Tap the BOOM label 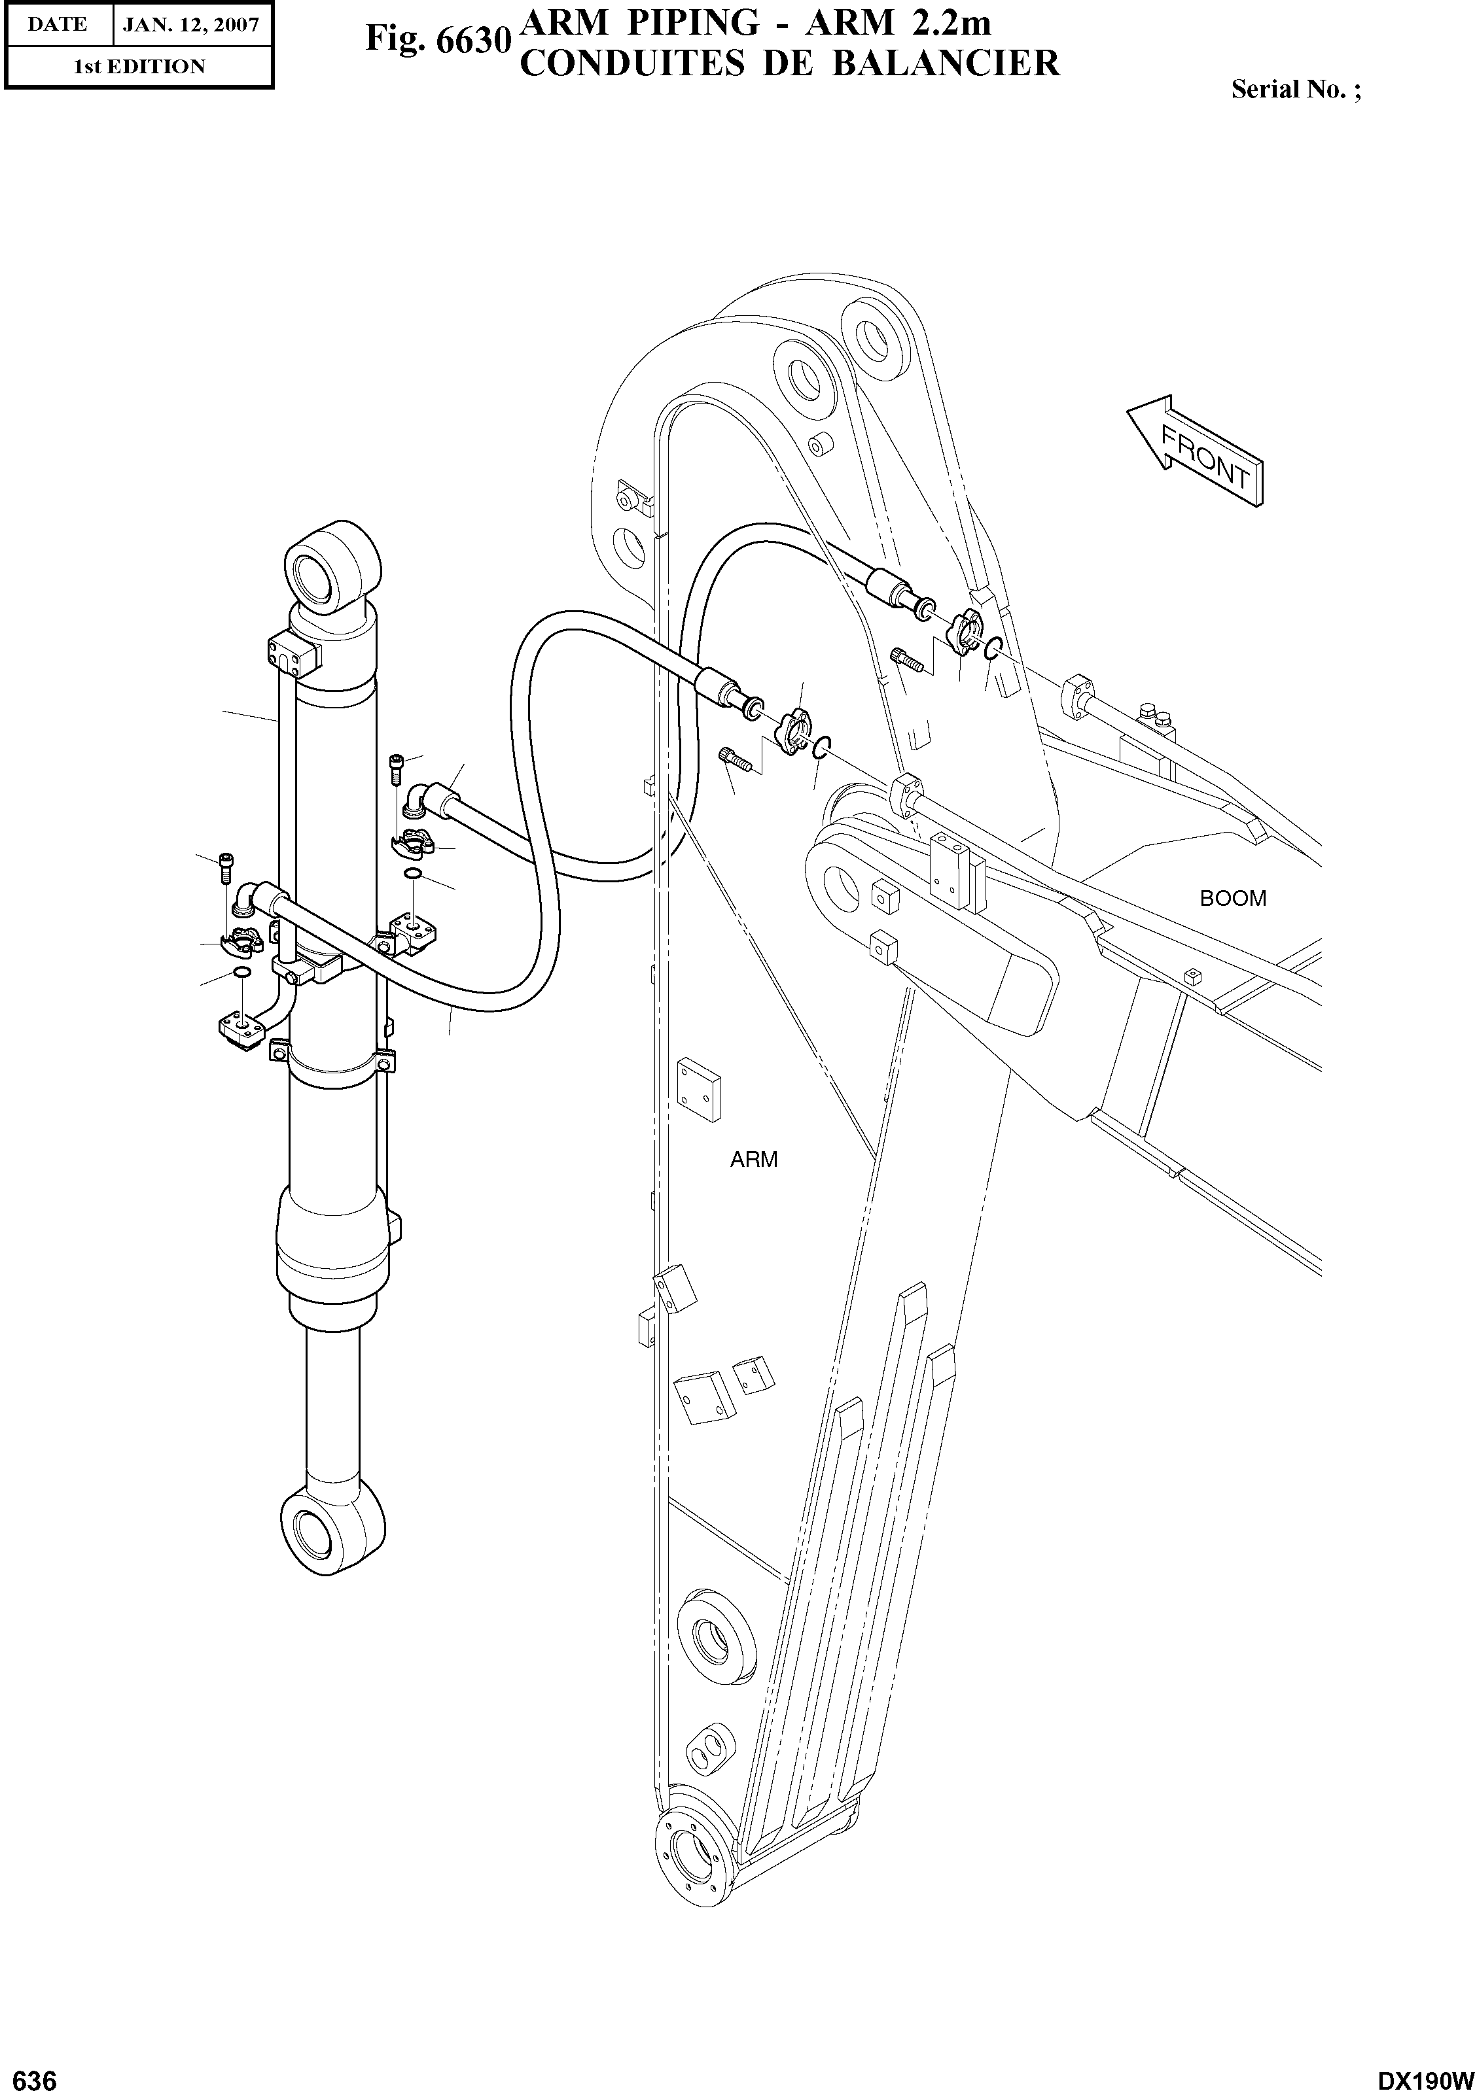pyautogui.click(x=1233, y=899)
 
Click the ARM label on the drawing pyautogui.click(x=753, y=1160)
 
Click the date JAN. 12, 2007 pyautogui.click(x=191, y=25)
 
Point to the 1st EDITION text pyautogui.click(x=139, y=67)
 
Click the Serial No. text pyautogui.click(x=1294, y=90)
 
